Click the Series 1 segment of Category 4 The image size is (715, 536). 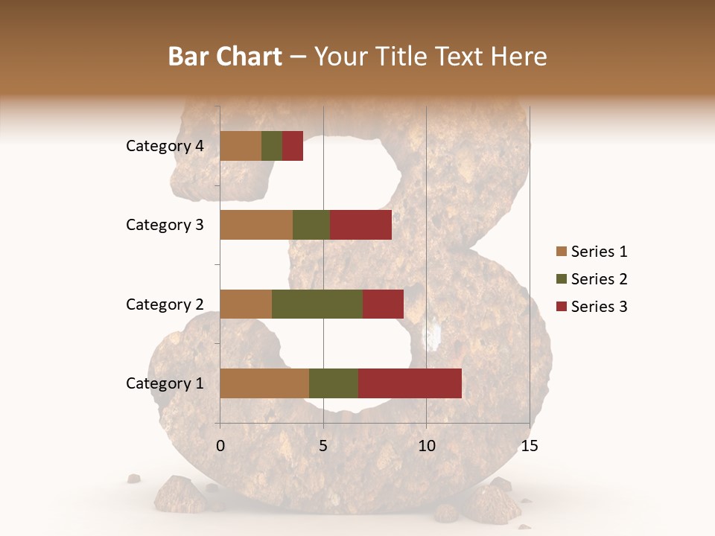(x=241, y=146)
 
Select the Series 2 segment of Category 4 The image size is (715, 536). (x=272, y=146)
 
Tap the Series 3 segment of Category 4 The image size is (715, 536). (x=293, y=146)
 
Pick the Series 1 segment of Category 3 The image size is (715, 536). (x=256, y=225)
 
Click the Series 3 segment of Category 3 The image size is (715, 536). (x=360, y=225)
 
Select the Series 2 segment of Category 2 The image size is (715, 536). (x=317, y=304)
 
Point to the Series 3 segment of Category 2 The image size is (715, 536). (x=383, y=304)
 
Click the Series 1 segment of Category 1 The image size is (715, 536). (x=264, y=383)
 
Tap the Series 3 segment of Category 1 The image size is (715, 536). (x=410, y=383)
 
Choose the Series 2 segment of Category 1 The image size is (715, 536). (x=334, y=383)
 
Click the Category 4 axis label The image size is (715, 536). (x=165, y=146)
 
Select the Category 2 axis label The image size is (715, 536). (x=165, y=304)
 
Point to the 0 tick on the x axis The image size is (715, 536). (x=220, y=447)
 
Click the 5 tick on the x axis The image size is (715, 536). (x=323, y=447)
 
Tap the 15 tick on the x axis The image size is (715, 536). (x=530, y=447)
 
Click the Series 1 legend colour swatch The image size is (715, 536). (x=561, y=252)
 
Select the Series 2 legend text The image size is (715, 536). (x=599, y=279)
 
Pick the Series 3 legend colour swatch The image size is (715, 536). (x=561, y=307)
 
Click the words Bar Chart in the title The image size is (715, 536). (x=225, y=57)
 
